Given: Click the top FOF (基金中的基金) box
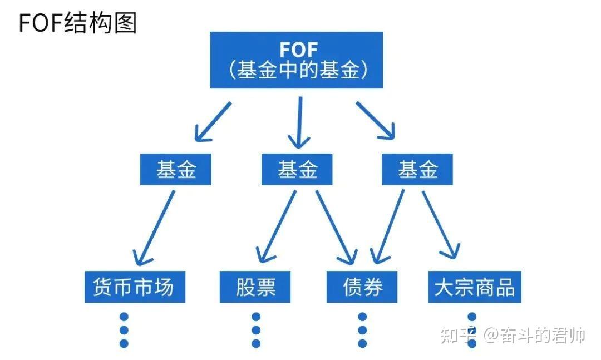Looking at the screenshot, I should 296,60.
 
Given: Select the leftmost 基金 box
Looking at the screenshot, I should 176,170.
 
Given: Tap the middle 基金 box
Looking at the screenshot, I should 297,170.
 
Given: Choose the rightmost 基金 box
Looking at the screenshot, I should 417,170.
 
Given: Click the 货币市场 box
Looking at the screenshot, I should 135,287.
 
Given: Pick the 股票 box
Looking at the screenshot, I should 255,287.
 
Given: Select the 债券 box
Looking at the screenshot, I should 362,287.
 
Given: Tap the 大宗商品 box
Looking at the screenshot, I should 474,287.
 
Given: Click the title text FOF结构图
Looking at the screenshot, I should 78,23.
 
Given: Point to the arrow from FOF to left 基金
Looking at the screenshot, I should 213,121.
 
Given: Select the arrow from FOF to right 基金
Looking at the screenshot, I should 375,120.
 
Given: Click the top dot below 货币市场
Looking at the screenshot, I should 124,317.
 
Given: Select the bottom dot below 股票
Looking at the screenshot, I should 256,343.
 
